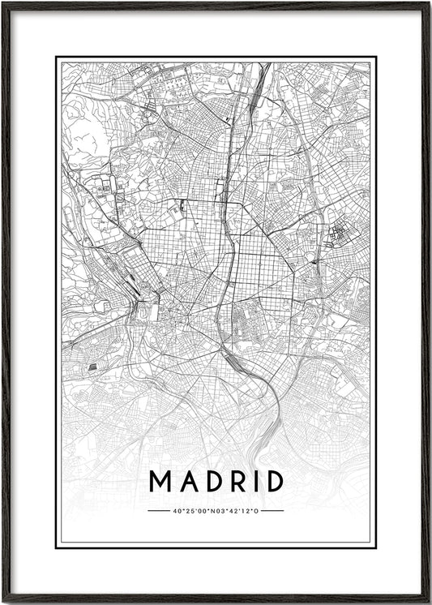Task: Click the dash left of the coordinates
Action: click(x=159, y=511)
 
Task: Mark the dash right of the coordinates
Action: click(x=273, y=511)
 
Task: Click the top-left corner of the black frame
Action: click(x=3, y=3)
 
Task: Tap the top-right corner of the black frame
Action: click(x=429, y=3)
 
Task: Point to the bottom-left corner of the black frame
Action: click(x=3, y=602)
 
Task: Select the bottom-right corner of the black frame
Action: click(x=429, y=602)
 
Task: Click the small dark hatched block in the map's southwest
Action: click(x=92, y=367)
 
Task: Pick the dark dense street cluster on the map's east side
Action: click(x=336, y=235)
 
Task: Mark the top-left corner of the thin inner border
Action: click(x=56, y=58)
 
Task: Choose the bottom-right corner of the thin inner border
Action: click(x=377, y=547)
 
